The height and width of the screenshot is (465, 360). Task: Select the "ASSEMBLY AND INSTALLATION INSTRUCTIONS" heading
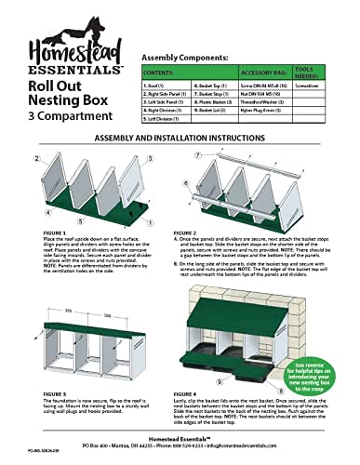pyautogui.click(x=180, y=138)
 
